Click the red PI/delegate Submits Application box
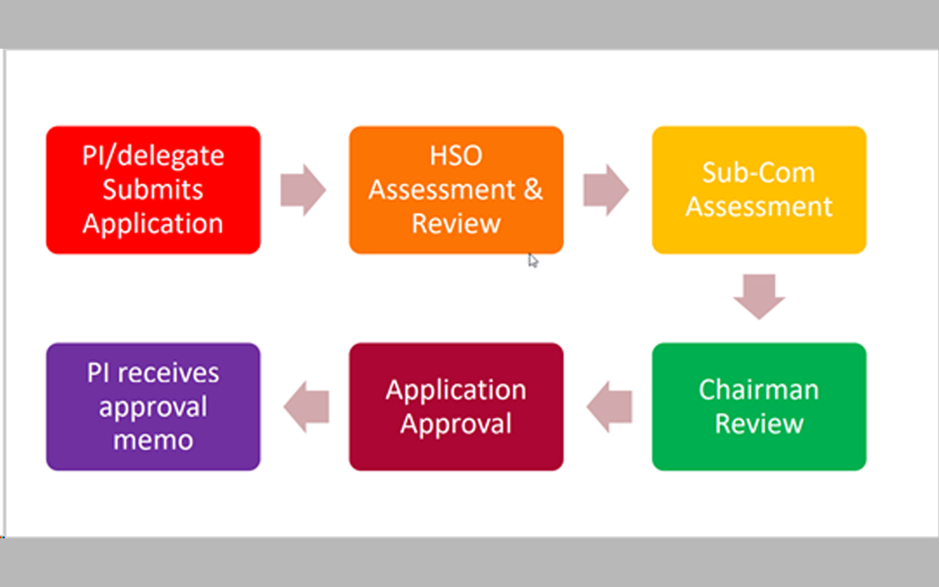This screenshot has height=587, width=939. point(153,190)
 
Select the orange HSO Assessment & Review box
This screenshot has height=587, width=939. point(456,190)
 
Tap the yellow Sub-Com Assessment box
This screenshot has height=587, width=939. point(759,190)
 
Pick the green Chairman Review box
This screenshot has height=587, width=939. point(759,406)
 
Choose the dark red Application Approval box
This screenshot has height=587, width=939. point(456,406)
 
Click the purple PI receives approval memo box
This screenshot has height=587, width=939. point(153,406)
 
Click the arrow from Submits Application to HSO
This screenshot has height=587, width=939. point(303,190)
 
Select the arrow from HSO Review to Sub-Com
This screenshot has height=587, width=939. point(606,190)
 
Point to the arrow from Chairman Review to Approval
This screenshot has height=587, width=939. point(610,406)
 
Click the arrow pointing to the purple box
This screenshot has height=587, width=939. point(306,406)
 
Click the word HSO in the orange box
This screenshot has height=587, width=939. point(456,156)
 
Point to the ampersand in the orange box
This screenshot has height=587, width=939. point(533,190)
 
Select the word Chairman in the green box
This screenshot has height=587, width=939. point(759,390)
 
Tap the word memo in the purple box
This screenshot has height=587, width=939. point(153,440)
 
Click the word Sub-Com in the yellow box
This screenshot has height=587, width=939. point(759,173)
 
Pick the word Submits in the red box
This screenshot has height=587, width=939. point(153,190)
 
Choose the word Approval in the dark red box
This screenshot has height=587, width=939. point(456,424)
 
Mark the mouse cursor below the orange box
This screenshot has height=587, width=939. point(532,260)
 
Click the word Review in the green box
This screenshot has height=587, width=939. point(759,424)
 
